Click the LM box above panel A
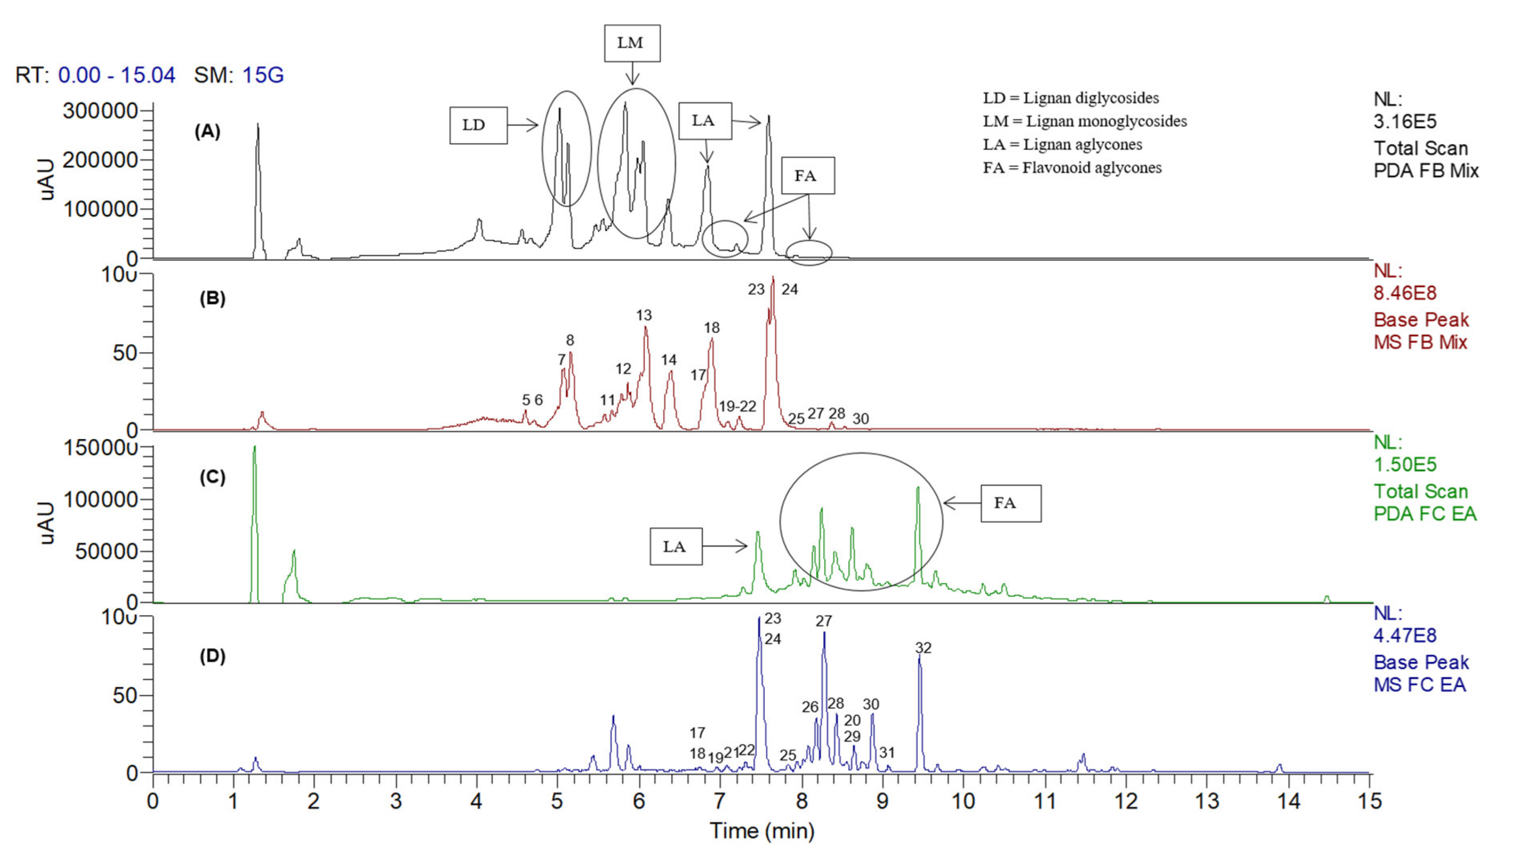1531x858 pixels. click(632, 43)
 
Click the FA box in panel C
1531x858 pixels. click(1010, 503)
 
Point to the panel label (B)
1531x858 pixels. click(212, 298)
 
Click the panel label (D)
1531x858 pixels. click(212, 656)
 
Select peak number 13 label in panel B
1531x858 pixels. click(644, 315)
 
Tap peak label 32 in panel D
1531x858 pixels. click(923, 648)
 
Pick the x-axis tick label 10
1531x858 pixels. click(963, 802)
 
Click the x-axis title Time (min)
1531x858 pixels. click(762, 831)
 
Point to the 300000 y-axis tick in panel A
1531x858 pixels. click(100, 111)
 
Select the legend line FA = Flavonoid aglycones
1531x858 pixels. click(1072, 168)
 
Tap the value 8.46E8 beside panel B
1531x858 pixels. click(1404, 293)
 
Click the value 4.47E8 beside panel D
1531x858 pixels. click(1404, 635)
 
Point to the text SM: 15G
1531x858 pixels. click(238, 76)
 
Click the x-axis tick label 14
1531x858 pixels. click(1288, 802)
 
